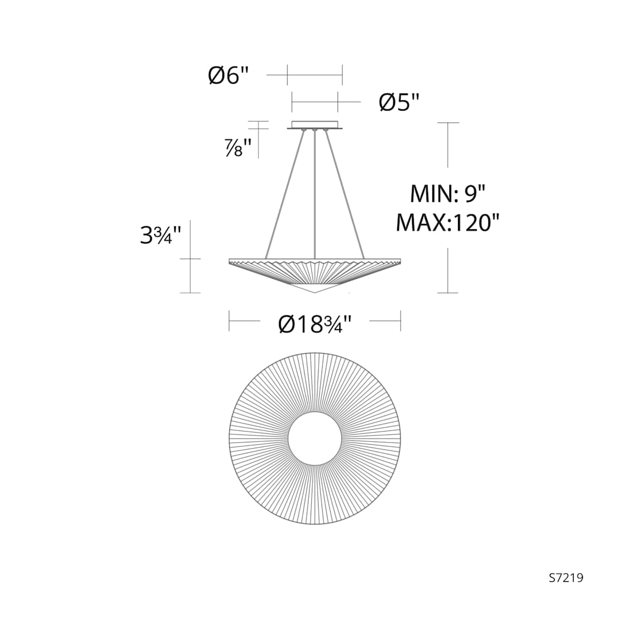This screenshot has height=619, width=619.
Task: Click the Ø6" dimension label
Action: coord(229,75)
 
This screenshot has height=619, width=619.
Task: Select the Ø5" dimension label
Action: coord(399,102)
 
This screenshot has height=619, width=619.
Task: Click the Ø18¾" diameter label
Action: coord(315,324)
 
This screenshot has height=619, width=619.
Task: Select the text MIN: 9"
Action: coord(448,194)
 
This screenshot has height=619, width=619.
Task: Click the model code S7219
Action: coord(566,578)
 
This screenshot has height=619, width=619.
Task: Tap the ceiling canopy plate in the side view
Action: coord(315,124)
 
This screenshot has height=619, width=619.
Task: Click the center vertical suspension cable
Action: coord(315,194)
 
